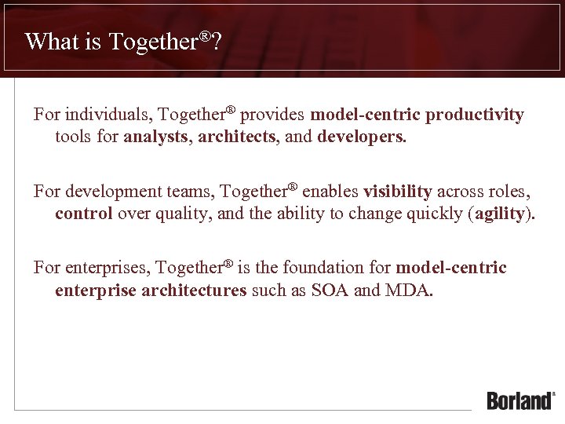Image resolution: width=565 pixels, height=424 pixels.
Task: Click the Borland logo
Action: pos(520,400)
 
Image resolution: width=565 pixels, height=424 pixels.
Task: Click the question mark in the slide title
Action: pos(217,42)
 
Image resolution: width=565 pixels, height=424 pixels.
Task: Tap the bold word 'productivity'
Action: pos(475,115)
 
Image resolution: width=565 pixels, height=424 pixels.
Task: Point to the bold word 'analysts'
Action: pos(156,137)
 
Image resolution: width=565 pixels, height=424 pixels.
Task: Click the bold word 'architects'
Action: pos(237,137)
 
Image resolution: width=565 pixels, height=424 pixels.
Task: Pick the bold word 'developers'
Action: pos(361,137)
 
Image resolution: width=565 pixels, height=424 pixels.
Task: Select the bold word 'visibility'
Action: pos(398,192)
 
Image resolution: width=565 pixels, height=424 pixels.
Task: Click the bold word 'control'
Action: pos(84,214)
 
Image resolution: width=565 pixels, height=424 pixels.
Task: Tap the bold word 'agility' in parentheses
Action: pos(500,214)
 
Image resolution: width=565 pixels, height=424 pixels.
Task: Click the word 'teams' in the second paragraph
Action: pos(193,192)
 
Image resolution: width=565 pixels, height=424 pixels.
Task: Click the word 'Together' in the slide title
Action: pos(153,42)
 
